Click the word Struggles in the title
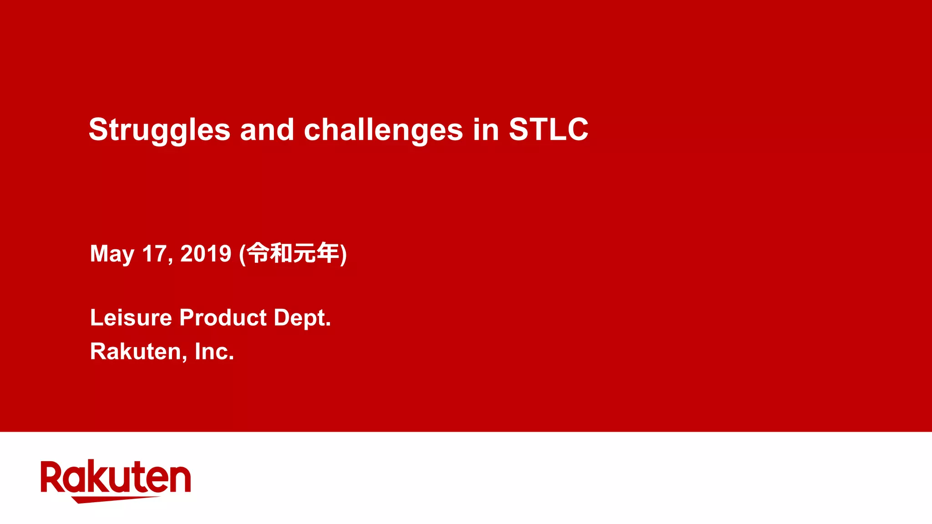(159, 130)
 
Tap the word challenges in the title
(383, 130)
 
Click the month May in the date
(112, 254)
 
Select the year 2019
(206, 253)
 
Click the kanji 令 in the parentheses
(258, 253)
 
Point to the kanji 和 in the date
(281, 253)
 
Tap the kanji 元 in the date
(304, 253)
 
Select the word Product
(223, 317)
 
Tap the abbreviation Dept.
(302, 318)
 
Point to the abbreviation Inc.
(214, 352)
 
